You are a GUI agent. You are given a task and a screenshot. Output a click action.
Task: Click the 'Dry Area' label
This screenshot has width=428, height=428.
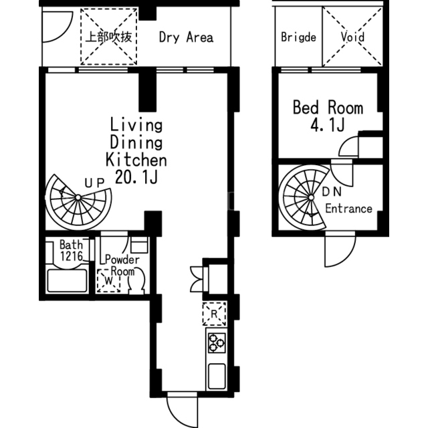coord(186,37)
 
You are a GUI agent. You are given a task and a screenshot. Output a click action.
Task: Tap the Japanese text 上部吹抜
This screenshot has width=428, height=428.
coord(108,37)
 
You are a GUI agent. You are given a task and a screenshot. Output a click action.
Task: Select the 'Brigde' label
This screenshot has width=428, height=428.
coord(298,37)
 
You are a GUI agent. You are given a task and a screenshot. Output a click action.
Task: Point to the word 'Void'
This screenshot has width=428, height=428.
coord(352,37)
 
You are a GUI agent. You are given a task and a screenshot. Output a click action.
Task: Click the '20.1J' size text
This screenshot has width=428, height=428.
coord(136,177)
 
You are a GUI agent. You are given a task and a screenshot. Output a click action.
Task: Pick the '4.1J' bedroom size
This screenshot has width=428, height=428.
coord(327,125)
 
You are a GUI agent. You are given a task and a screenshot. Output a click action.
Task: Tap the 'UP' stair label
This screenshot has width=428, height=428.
coord(94,183)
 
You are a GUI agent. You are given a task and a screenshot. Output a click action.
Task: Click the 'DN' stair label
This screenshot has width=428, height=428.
coord(332,192)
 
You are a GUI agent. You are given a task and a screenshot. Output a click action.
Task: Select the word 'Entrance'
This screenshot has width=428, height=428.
coord(348,209)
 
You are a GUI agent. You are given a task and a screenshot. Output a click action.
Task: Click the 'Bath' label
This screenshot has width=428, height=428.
coord(71,245)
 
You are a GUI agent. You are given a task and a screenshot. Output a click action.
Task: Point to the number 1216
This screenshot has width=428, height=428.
coord(72,256)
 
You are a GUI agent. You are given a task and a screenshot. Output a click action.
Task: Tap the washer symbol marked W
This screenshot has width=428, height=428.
coord(108,281)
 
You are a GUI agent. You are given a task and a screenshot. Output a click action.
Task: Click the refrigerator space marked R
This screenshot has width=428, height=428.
coord(214,314)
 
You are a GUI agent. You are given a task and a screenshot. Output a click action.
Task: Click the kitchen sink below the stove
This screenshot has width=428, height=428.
coord(217,377)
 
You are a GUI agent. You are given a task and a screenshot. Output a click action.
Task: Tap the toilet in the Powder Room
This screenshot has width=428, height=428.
coord(136,281)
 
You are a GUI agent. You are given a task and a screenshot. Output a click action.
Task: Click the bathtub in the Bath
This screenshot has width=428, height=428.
coord(67,281)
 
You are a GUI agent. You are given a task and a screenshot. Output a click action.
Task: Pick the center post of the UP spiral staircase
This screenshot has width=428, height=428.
coord(78,197)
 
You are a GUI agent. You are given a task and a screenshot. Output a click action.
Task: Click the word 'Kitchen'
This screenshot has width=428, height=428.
coord(136,160)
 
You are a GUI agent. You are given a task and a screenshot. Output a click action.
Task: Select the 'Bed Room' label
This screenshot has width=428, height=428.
coord(328,108)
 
